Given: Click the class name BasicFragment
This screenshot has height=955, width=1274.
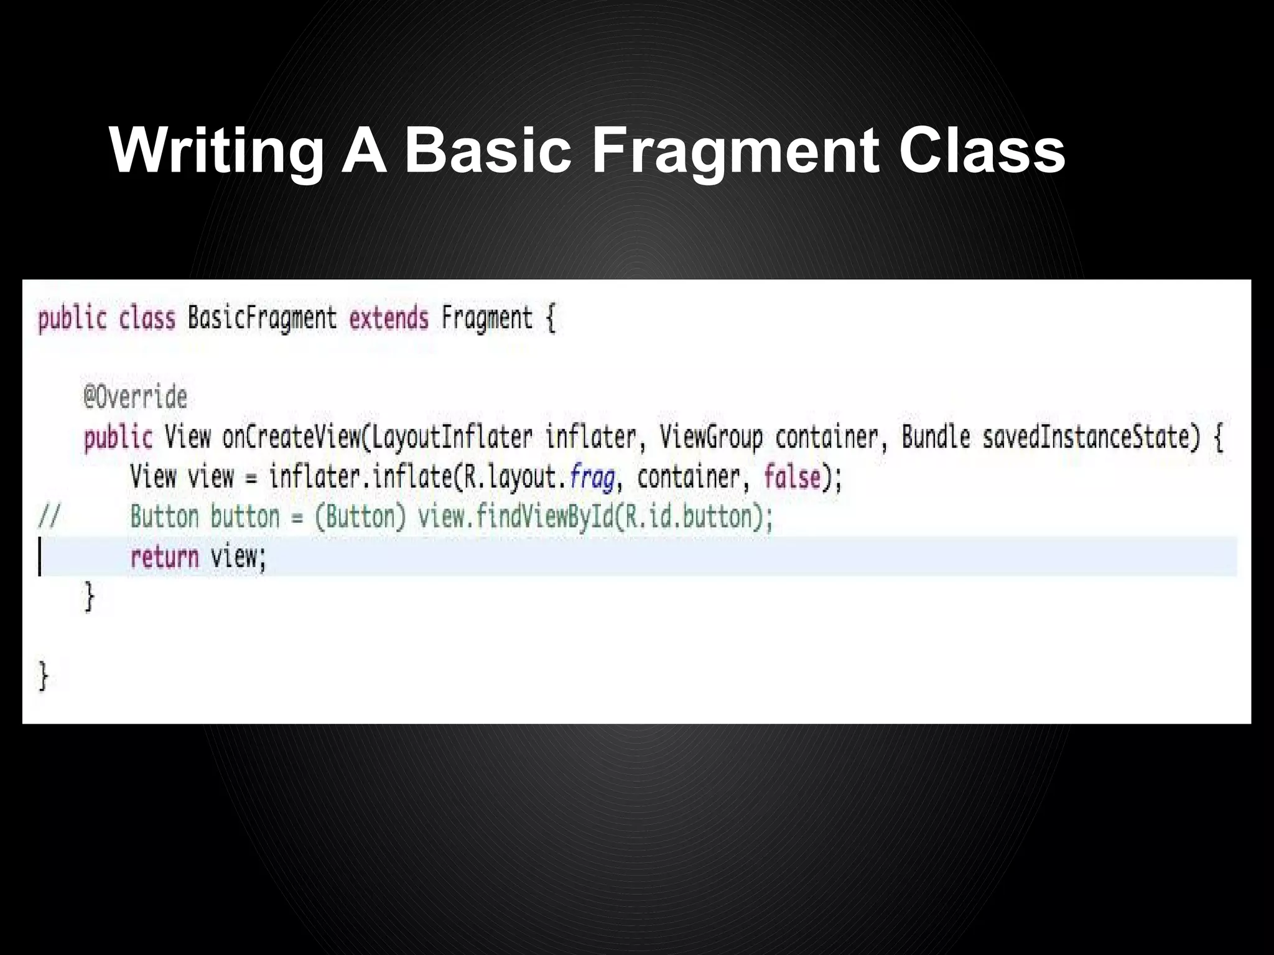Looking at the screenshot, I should click(x=262, y=318).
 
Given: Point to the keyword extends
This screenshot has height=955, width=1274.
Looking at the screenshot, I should click(x=389, y=318).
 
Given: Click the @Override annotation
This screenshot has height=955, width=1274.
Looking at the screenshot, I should click(x=136, y=397).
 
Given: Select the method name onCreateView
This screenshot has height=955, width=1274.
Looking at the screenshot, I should click(x=291, y=437).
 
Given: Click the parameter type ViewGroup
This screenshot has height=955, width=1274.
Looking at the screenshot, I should click(x=711, y=437).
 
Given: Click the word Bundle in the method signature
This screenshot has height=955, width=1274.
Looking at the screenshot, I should click(x=936, y=437).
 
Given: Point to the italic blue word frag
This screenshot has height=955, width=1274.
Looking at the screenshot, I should click(x=592, y=477).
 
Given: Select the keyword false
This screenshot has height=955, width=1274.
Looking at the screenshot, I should click(x=792, y=477).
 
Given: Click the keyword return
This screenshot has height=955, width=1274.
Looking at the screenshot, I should click(x=164, y=556).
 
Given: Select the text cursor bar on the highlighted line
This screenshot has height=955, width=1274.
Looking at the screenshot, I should click(x=40, y=556).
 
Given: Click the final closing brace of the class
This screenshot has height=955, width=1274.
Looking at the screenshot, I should click(x=43, y=676).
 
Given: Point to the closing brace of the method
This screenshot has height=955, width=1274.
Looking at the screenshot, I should click(x=90, y=597).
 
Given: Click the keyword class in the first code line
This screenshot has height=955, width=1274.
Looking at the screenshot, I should click(x=147, y=318).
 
